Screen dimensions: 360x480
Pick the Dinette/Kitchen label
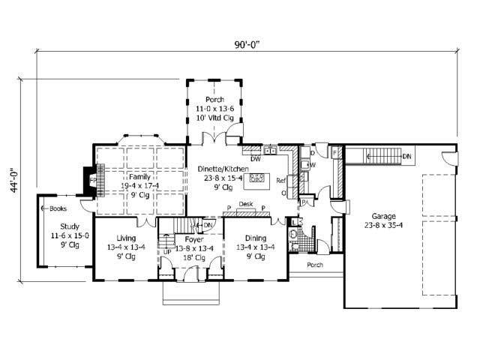point(221,169)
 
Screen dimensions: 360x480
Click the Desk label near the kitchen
point(246,203)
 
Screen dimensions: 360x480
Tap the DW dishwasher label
point(256,158)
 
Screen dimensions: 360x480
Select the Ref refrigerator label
point(281,181)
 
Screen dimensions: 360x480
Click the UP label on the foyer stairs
point(166,251)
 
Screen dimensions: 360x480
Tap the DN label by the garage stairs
point(406,156)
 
